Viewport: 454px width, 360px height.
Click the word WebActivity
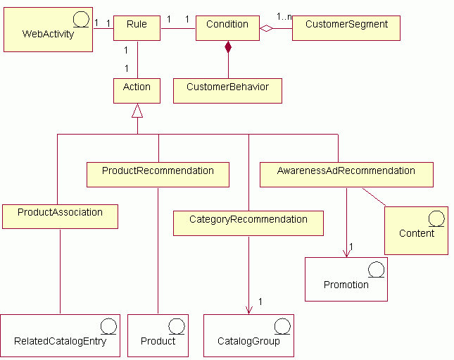[48, 34]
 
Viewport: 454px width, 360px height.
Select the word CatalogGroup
[248, 342]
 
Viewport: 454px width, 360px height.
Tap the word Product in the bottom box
[158, 342]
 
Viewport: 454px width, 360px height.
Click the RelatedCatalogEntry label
[60, 342]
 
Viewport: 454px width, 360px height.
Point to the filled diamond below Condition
[228, 47]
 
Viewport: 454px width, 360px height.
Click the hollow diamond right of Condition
[266, 29]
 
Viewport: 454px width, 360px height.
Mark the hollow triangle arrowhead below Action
[137, 111]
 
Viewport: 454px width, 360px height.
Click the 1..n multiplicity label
[284, 16]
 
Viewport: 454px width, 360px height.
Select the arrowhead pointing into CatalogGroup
[248, 309]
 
